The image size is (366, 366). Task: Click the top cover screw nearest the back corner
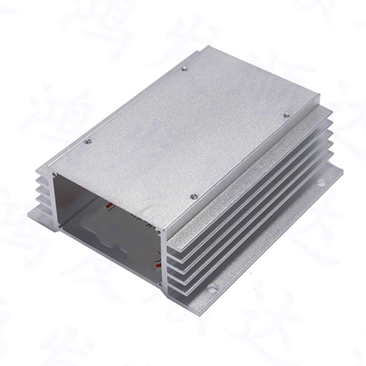click(x=184, y=69)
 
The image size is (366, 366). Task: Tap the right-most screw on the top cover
click(x=286, y=114)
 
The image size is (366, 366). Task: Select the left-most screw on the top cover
click(x=88, y=141)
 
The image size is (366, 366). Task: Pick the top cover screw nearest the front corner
click(x=193, y=196)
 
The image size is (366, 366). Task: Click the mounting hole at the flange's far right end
click(x=321, y=181)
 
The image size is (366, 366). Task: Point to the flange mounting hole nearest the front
click(x=212, y=289)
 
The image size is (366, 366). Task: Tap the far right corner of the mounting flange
click(x=341, y=170)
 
